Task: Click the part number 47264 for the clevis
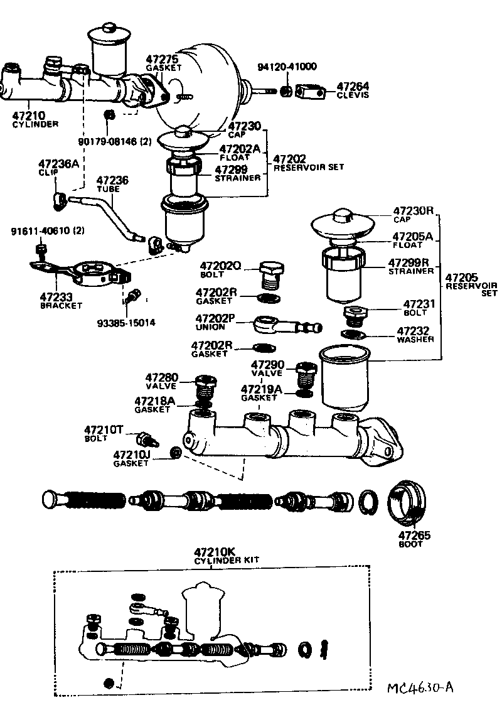pos(353,86)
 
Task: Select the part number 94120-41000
pos(287,67)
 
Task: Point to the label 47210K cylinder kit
pos(214,552)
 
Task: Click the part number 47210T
pos(105,429)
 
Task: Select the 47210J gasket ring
pos(177,452)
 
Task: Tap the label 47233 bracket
pos(57,296)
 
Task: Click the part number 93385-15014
pos(126,323)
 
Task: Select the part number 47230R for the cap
pos(414,211)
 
